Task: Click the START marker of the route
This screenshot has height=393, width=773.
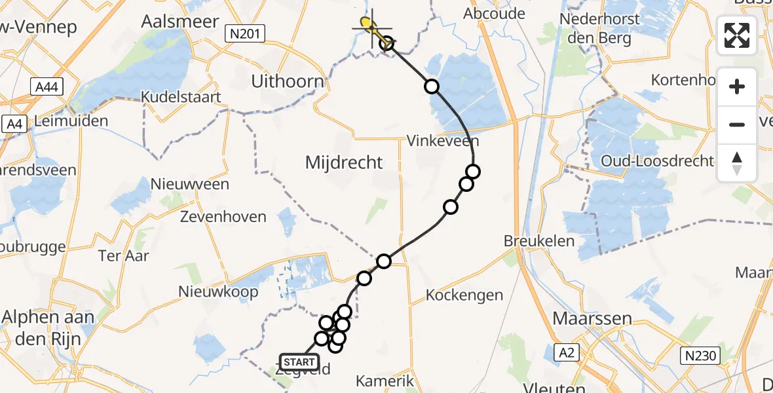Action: (299, 362)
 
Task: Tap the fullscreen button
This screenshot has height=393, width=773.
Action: (737, 35)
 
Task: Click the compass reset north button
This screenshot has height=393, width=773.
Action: (737, 163)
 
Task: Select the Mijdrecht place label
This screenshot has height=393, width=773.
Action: (344, 162)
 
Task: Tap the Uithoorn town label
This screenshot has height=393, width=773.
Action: (288, 82)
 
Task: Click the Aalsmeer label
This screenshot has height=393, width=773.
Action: (180, 21)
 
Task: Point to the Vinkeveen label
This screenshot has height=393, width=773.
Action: (443, 141)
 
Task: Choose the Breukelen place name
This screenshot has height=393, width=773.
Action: (539, 240)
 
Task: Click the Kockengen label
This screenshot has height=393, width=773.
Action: (464, 295)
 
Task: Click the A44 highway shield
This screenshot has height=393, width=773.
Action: (46, 86)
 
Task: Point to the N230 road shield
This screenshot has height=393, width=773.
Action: (700, 356)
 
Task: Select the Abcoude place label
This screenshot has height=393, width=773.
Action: (494, 14)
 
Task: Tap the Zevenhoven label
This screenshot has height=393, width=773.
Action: (216, 217)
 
